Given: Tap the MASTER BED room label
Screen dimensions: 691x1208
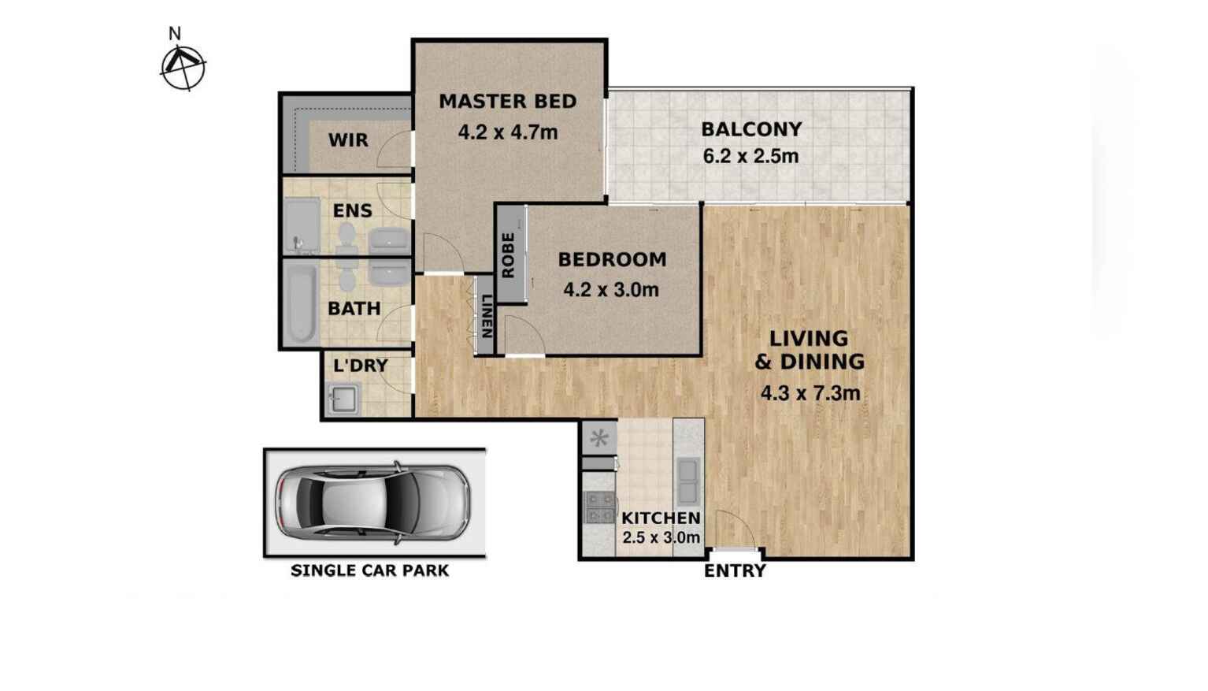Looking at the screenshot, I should click(508, 102).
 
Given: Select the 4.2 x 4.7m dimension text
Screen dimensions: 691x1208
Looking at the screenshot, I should click(508, 132).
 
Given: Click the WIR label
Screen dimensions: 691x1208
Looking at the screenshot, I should click(348, 140).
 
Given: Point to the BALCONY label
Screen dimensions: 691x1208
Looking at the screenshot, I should click(751, 129).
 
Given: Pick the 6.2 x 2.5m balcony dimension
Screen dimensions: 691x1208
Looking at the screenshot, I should click(750, 156).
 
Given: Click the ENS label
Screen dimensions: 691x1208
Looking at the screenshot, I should click(352, 210).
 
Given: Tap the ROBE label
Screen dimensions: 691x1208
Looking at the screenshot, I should click(509, 254).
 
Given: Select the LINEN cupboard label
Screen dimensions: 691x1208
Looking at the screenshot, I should click(487, 316).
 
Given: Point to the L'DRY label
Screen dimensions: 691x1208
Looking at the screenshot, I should click(361, 366).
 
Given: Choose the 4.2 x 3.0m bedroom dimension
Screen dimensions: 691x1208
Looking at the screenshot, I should click(611, 290).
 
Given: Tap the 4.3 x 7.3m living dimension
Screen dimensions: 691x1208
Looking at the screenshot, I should click(810, 392).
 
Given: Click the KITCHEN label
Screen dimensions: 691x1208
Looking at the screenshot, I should click(661, 518).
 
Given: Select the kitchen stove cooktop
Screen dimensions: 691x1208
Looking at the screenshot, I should click(599, 507).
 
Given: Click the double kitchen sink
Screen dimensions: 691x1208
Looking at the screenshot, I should click(687, 481).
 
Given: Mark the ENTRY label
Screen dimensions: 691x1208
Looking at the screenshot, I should click(735, 571).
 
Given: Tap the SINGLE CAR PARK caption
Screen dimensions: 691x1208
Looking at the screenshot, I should click(370, 570).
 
